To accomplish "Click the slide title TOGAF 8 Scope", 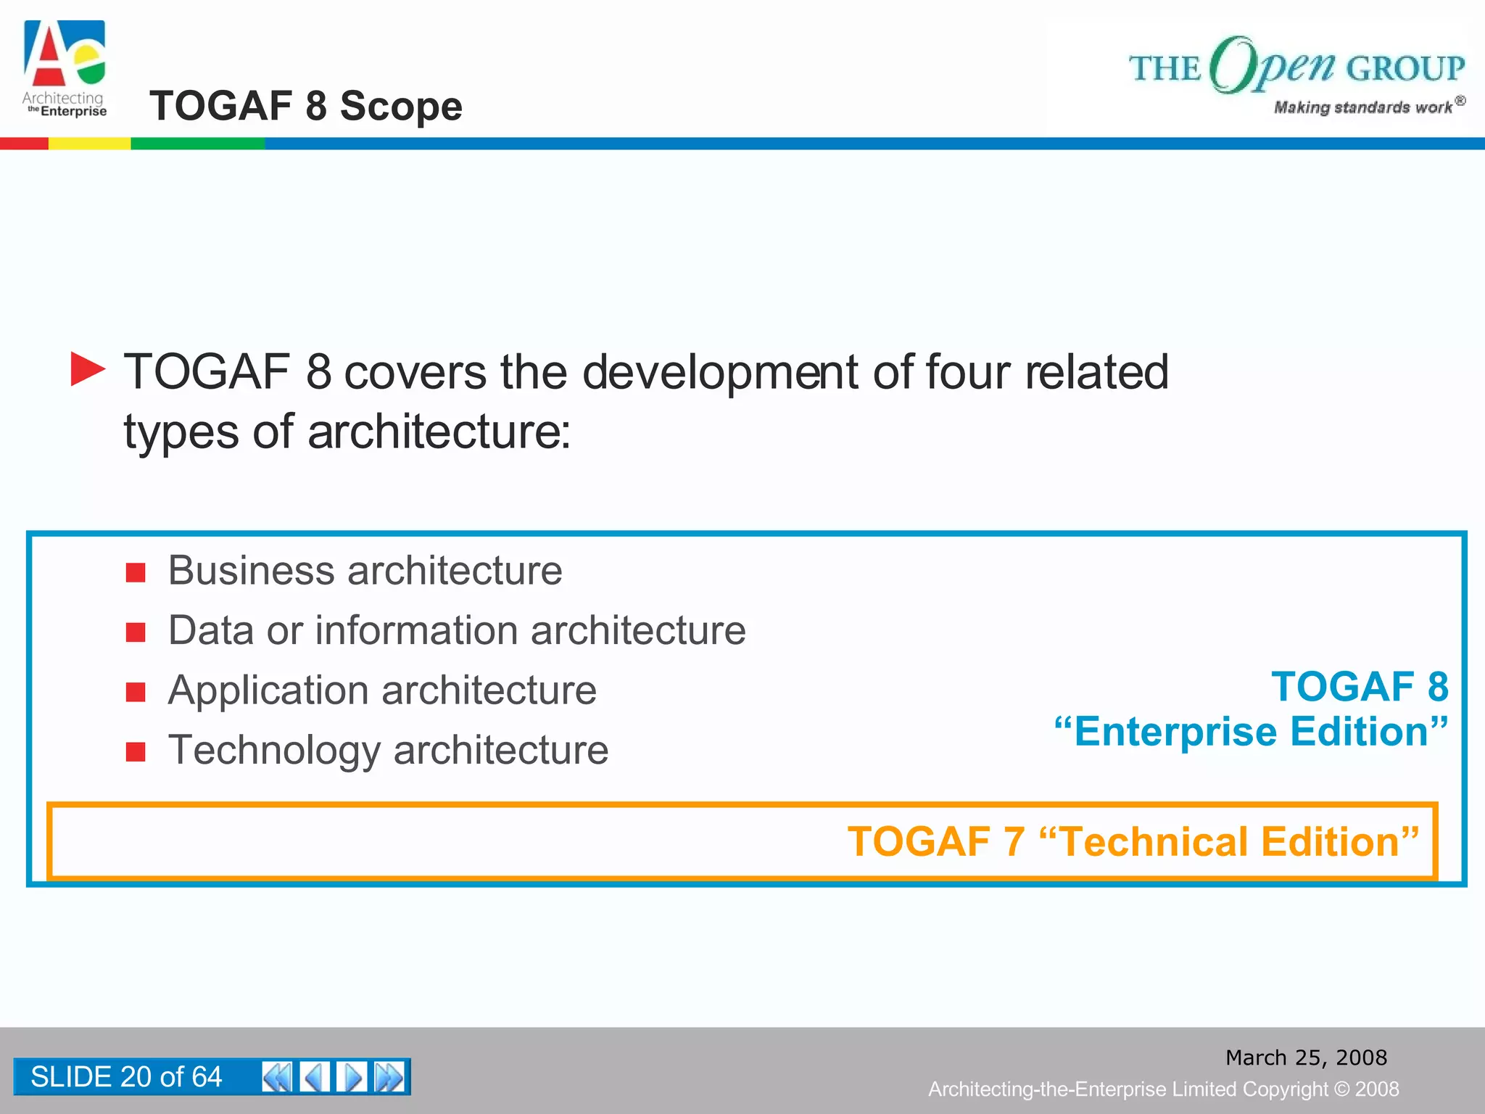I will pos(305,106).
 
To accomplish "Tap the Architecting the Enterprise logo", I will pos(65,69).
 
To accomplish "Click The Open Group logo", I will pos(1296,73).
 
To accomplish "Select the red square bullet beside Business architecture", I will pos(136,573).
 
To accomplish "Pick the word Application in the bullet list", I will pos(268,690).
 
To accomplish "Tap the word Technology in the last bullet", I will pos(274,750).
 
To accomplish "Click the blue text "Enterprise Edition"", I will pos(1251,731).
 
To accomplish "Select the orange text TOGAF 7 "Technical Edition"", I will pos(1133,841).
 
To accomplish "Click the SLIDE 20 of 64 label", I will pos(126,1076).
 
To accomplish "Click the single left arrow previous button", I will pos(315,1076).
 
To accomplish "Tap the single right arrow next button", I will pos(352,1076).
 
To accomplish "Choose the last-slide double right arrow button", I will pos(389,1076).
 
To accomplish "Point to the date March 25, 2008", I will pos(1306,1057).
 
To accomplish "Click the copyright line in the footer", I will pos(1163,1089).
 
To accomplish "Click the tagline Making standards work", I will pos(1362,107).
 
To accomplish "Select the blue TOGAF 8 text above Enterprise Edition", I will pos(1360,686).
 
